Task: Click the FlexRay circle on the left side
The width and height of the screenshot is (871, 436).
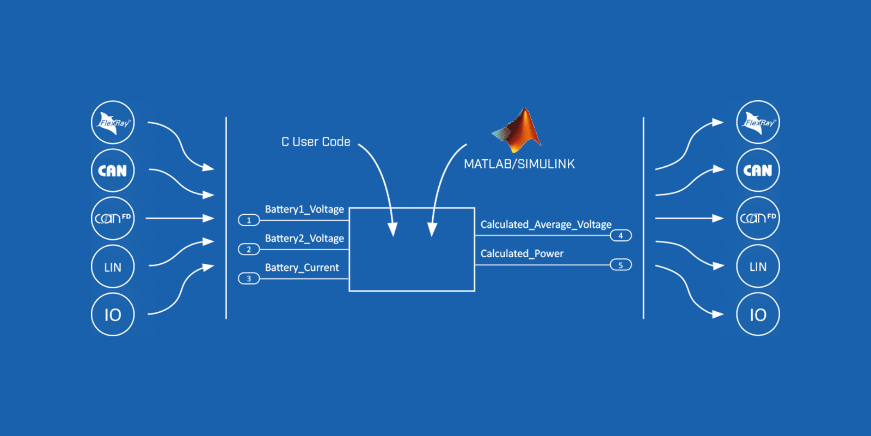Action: pos(113,123)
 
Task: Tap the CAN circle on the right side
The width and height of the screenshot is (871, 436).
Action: pos(758,171)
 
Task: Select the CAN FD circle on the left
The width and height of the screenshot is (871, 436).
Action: pos(113,219)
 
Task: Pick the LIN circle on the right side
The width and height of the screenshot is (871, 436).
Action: pos(758,267)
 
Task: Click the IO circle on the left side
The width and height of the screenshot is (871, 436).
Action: pos(113,314)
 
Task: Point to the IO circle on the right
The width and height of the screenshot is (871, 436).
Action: pos(758,314)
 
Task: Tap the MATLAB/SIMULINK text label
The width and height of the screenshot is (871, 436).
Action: pos(519,164)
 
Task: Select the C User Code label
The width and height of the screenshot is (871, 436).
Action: pos(316,142)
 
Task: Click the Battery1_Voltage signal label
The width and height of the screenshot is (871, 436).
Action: pos(304,209)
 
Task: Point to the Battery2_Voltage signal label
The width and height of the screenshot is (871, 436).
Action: pos(304,239)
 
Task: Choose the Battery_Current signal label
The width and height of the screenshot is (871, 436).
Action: pos(302,268)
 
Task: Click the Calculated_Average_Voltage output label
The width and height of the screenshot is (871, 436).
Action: pos(546,225)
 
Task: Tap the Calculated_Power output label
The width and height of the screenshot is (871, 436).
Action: pos(522,254)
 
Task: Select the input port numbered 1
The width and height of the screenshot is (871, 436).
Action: pos(249,221)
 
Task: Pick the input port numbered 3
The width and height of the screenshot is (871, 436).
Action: pos(249,279)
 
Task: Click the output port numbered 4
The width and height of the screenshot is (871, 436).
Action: pos(621,236)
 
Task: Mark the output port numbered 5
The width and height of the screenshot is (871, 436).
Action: pos(621,265)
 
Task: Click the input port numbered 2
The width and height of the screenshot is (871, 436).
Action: pos(249,250)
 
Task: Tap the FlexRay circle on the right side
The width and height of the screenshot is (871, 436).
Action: pos(758,123)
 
